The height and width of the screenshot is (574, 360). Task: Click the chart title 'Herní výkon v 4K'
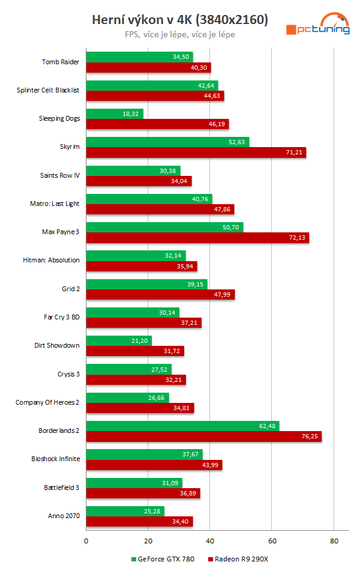(179, 20)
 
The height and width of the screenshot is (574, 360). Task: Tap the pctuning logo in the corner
(317, 25)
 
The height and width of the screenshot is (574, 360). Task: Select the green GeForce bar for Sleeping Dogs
(115, 113)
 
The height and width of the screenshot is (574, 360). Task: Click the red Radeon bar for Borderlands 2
(203, 436)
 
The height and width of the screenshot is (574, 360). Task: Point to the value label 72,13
(296, 238)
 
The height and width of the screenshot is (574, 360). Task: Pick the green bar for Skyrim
(167, 142)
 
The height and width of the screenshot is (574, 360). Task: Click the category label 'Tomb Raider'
(61, 62)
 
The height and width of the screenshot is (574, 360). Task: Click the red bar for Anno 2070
(139, 521)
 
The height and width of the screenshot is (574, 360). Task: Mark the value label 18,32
(131, 113)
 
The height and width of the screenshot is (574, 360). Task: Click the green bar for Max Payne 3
(164, 227)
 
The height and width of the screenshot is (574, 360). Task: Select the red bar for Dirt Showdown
(135, 351)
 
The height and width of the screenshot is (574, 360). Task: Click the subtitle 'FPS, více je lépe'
(179, 35)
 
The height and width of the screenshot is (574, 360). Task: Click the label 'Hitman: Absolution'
(55, 261)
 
